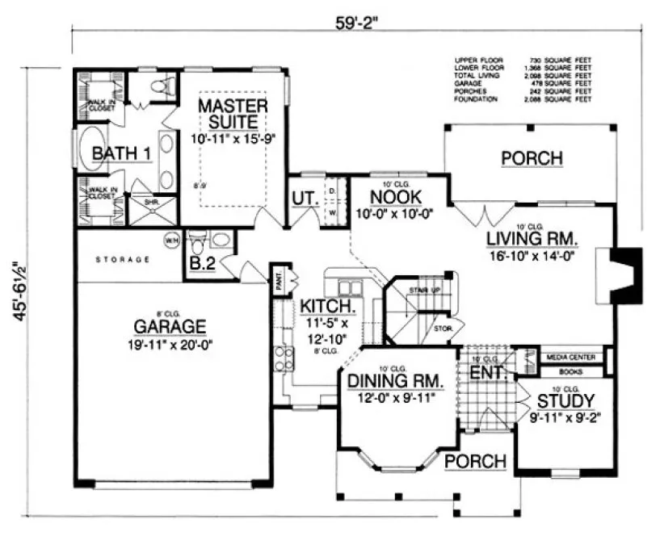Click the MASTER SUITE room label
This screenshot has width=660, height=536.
(x=229, y=114)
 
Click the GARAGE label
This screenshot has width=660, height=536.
(x=170, y=326)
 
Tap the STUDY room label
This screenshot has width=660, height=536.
(x=565, y=400)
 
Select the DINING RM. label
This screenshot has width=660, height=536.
(x=393, y=380)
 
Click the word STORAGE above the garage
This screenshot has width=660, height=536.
(x=123, y=260)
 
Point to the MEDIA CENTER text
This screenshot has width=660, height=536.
(x=570, y=356)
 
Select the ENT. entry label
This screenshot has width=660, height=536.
(x=487, y=373)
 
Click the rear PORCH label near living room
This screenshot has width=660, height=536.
(x=531, y=157)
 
